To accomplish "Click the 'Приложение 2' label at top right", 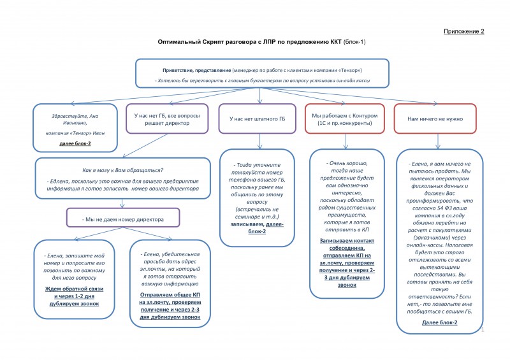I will coord(463,31).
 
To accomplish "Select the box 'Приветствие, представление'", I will coord(263,73).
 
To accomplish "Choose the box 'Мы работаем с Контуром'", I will coord(347,119).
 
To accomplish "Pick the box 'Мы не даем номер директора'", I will coord(123,219).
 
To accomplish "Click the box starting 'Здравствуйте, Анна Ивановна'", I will coord(75,127).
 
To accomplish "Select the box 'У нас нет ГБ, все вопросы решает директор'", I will coord(167,119).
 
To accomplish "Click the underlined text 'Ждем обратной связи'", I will coord(75,289).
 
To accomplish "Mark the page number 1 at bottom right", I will coord(484,330).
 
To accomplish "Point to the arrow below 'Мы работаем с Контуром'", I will coord(347,141).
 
